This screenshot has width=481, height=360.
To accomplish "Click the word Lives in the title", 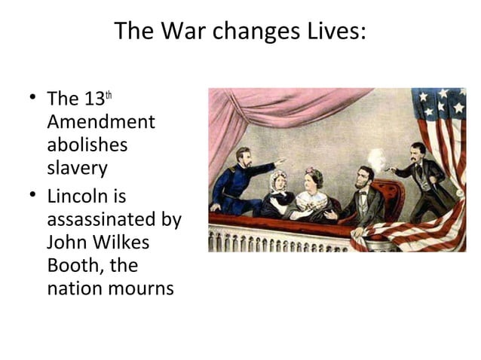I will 332,32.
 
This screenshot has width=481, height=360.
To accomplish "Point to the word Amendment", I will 100,122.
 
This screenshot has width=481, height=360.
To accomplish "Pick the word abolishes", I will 87,144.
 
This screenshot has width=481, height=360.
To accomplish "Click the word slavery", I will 77,167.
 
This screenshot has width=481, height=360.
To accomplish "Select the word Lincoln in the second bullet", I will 75,197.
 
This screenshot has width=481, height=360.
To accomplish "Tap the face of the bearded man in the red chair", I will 365,180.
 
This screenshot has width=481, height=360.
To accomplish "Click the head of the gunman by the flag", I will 417,151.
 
